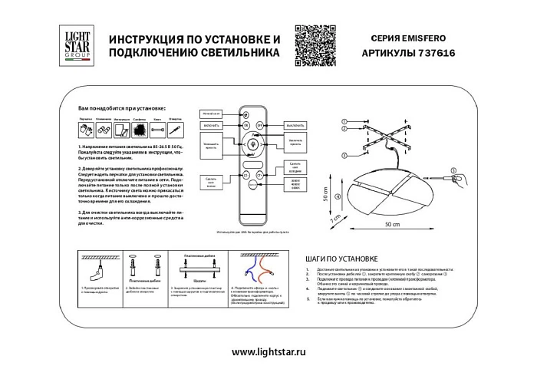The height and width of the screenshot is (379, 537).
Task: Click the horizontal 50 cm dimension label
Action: coord(392,223)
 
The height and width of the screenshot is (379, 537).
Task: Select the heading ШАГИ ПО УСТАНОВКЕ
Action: coord(338,260)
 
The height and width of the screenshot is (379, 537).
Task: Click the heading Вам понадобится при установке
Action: coord(122,110)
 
